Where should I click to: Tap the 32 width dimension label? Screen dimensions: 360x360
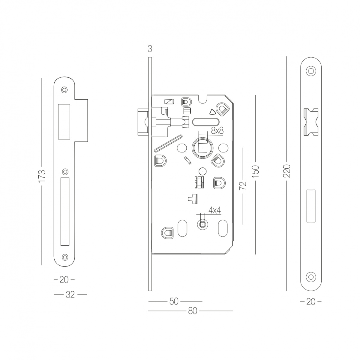click(70, 295)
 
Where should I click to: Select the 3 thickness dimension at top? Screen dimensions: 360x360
click(150, 49)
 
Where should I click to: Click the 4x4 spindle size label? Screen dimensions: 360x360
click(215, 211)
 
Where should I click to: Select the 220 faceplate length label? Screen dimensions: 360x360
click(286, 171)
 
